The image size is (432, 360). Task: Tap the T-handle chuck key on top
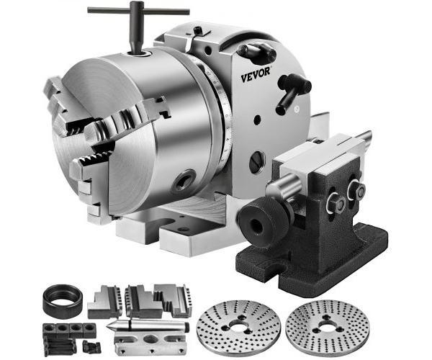coord(138,24)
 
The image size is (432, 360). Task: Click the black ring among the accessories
coord(63,302)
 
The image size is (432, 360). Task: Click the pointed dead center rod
coord(149,325)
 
